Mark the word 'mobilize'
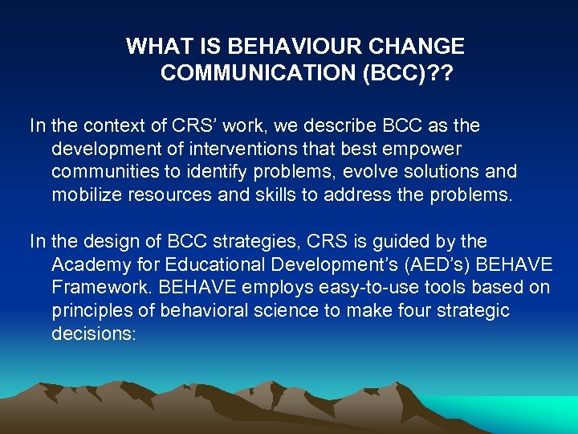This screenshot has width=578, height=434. (83, 195)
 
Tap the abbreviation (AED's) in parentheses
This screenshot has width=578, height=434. (431, 264)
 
